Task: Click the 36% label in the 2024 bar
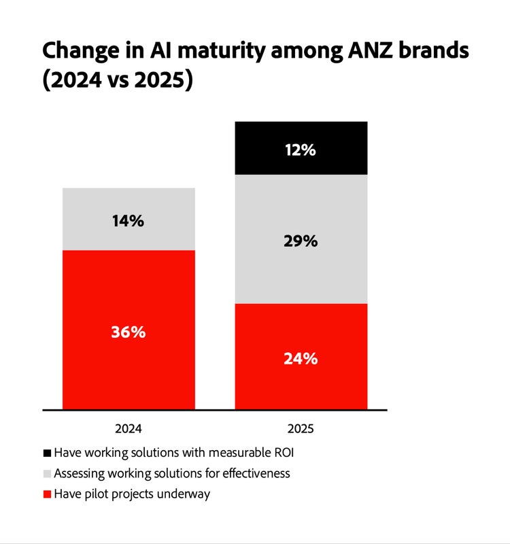coord(129,333)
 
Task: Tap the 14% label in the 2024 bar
coord(129,220)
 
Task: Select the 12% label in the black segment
coord(301,150)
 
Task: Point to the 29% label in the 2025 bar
coord(301,241)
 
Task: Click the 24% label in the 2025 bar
coord(301,358)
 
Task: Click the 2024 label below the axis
coord(129,429)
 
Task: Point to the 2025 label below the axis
coord(301,429)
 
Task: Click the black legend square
coord(47,452)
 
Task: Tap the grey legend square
coord(47,473)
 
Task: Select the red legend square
coord(47,494)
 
